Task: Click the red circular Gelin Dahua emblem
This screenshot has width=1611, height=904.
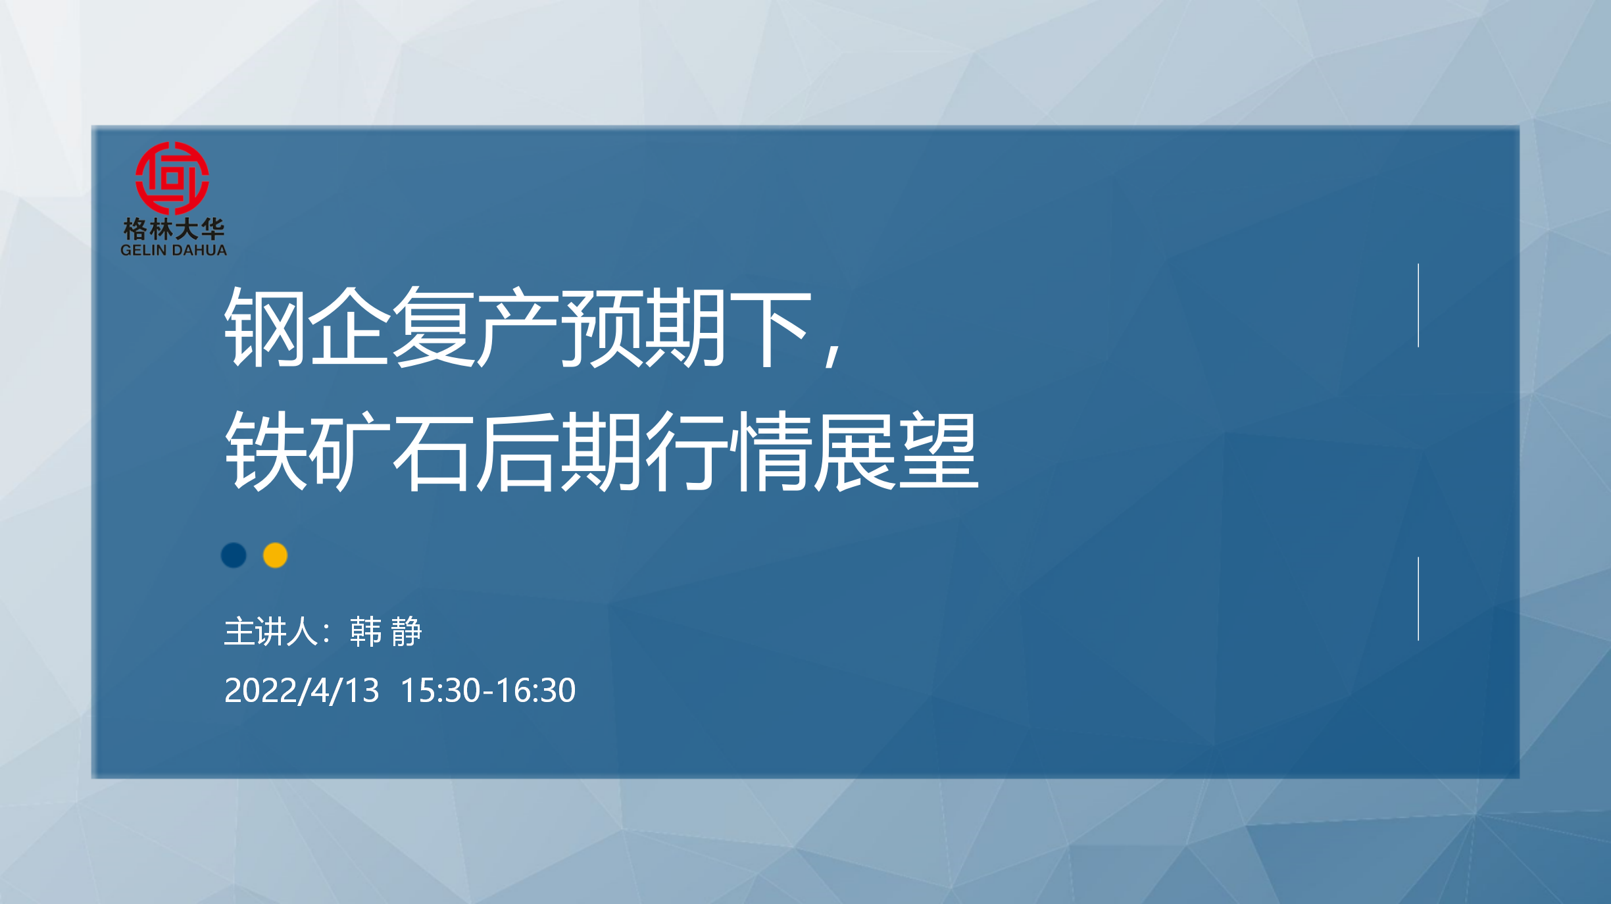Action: point(172,178)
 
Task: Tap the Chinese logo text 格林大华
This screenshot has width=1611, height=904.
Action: point(174,229)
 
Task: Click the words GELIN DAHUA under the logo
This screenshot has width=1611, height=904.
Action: point(174,250)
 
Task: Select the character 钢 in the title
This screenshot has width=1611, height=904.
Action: point(265,327)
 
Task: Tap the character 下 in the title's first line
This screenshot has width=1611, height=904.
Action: point(770,327)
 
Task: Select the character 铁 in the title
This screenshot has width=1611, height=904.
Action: point(265,451)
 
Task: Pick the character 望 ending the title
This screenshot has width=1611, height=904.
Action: point(938,451)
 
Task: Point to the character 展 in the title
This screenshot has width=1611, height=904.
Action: point(854,451)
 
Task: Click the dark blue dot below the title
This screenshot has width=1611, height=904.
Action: point(234,555)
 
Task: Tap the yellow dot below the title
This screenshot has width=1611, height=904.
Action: point(275,555)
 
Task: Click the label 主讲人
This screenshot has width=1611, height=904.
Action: point(271,632)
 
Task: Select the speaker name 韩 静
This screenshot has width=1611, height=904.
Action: point(385,632)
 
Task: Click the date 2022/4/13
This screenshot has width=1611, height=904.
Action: point(302,691)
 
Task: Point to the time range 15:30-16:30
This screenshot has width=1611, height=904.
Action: point(488,691)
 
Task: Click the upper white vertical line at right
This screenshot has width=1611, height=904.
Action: point(1418,305)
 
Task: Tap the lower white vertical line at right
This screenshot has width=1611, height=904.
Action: point(1418,599)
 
